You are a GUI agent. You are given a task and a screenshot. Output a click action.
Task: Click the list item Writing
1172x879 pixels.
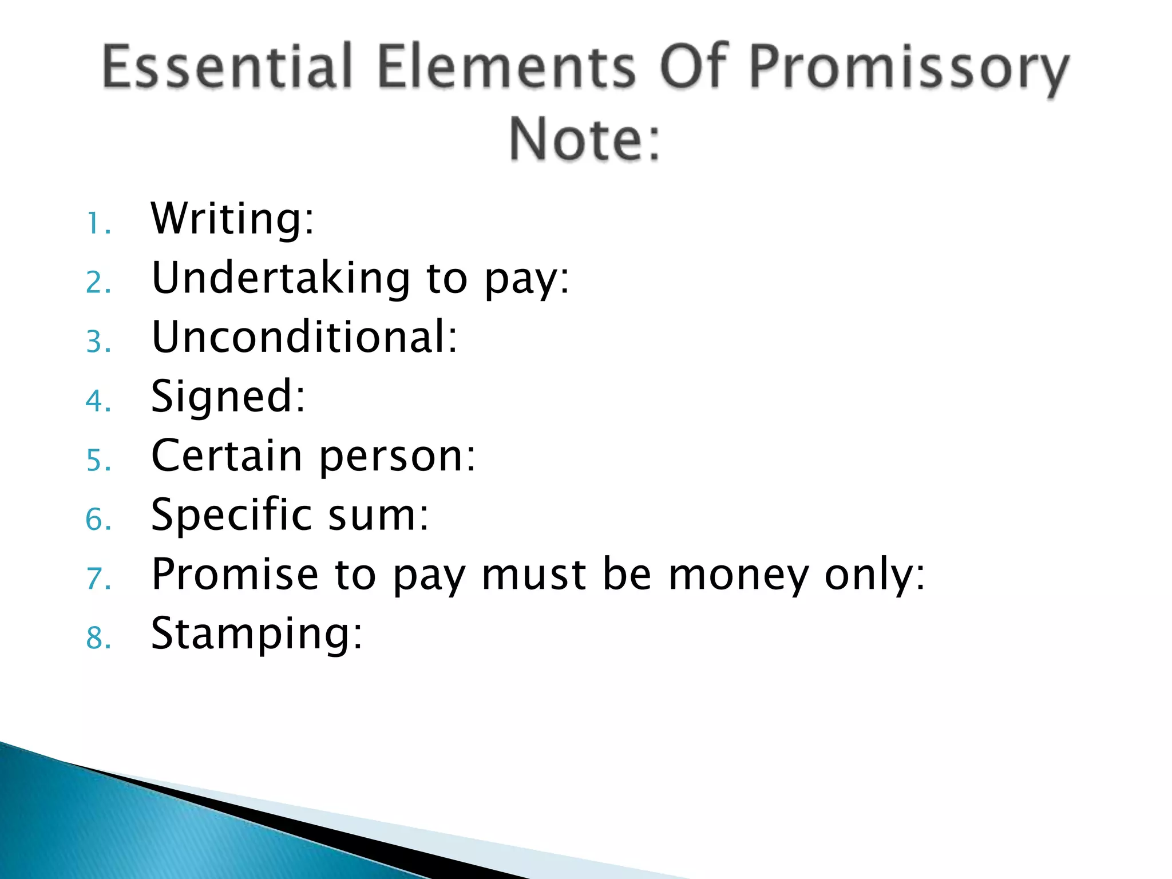232,219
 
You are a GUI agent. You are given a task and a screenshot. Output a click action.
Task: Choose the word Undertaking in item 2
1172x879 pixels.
280,278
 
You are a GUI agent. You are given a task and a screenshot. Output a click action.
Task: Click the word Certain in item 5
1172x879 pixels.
227,456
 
